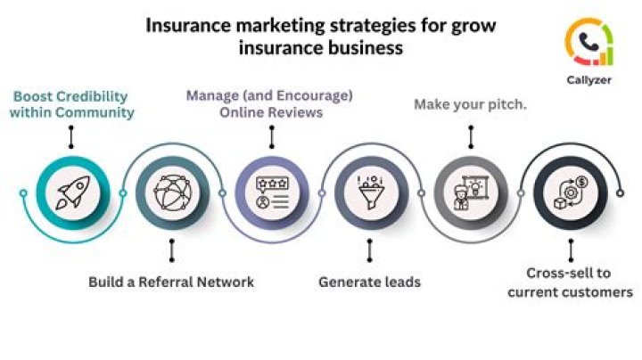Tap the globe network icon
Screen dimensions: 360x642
coord(171,192)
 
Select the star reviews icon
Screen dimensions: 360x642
coord(271,192)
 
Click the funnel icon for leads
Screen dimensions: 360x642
coord(370,192)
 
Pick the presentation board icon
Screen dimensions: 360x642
coord(470,192)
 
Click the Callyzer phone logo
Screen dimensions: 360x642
coord(588,41)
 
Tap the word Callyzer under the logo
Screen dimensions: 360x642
coord(588,78)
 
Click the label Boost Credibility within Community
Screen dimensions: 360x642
coord(71,104)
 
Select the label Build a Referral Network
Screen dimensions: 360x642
coord(171,282)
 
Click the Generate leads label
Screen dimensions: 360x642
coord(370,282)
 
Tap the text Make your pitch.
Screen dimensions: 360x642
coord(470,104)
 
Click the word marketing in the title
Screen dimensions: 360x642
coord(259,25)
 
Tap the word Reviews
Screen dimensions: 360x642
coord(297,112)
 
